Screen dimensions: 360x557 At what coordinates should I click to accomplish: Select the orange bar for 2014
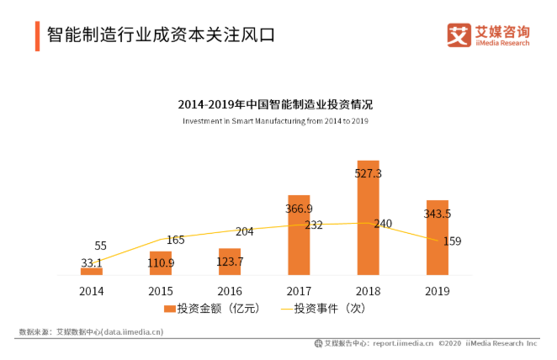[91, 271]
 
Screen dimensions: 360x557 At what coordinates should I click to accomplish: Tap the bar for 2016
[229, 262]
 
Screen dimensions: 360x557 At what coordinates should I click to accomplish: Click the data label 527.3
[368, 172]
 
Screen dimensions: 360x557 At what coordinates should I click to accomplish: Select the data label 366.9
[299, 209]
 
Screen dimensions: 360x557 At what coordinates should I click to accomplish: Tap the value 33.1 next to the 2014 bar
[93, 262]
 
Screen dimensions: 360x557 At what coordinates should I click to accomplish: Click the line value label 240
[383, 224]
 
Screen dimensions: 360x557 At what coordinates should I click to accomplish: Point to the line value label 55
[100, 246]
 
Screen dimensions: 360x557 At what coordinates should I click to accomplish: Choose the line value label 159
[452, 241]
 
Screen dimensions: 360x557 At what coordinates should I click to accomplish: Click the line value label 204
[244, 231]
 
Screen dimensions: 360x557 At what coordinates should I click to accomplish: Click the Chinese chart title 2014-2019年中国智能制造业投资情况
[275, 105]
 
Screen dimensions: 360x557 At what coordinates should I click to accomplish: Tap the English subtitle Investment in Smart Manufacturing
[275, 121]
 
